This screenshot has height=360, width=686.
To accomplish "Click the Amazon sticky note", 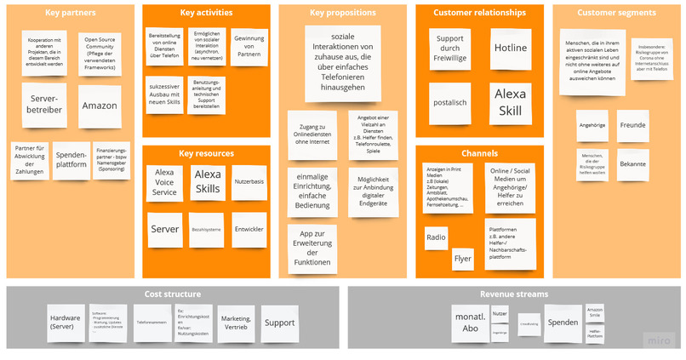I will pos(100,106).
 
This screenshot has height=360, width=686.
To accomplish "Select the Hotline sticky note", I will pos(510,49).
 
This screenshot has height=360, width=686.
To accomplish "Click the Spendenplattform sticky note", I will pos(71,160).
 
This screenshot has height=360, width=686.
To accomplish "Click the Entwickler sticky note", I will pos(249,229).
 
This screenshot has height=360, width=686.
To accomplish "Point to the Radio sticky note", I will pos(436,238).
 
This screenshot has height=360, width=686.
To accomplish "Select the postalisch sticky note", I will pos(449,103).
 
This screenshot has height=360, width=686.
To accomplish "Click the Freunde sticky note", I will pos(633,125).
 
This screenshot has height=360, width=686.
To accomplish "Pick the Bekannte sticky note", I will pos(633,163).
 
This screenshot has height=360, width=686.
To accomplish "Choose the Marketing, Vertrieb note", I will pos(236,323).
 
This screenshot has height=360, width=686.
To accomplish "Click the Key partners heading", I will pos(70,14).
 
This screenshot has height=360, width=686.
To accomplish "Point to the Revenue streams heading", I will pos(513,294).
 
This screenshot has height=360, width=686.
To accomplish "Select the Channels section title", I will pos(480,153).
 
